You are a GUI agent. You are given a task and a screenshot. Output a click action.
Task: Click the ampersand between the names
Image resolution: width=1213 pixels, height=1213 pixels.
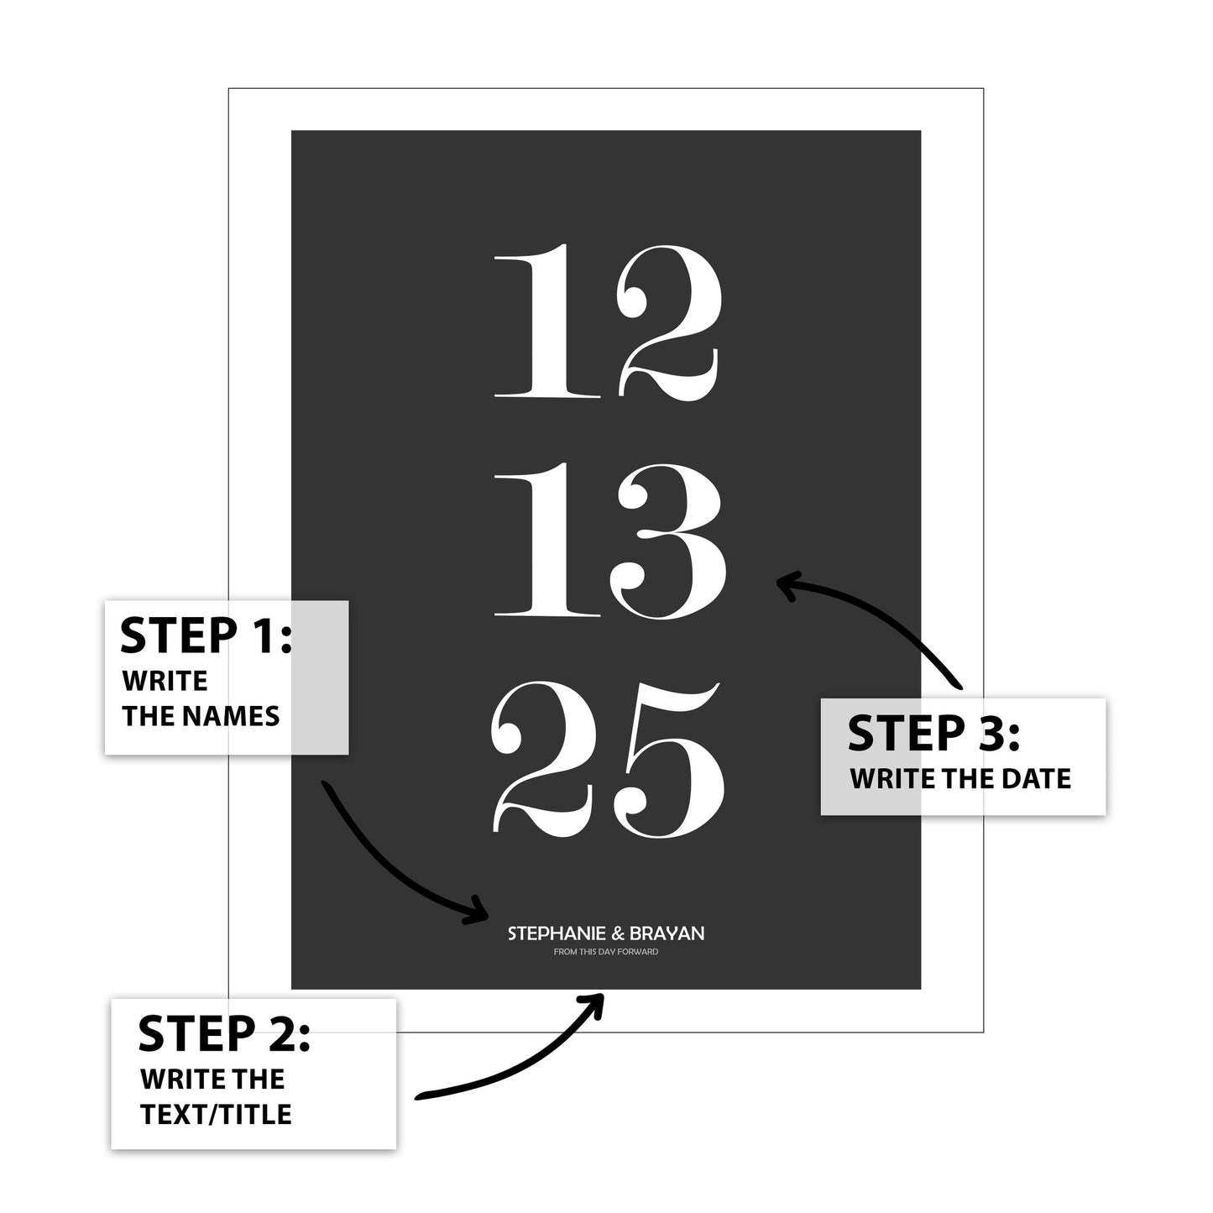tap(618, 933)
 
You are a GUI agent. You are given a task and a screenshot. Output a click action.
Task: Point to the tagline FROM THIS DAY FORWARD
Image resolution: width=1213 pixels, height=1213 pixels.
tap(605, 952)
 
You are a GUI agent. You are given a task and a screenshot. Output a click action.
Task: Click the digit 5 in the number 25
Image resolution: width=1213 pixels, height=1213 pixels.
tap(669, 761)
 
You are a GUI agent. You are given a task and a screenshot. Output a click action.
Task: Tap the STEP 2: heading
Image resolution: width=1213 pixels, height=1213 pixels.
tap(224, 1034)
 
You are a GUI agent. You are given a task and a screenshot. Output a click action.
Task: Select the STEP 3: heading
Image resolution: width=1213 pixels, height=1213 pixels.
tap(933, 734)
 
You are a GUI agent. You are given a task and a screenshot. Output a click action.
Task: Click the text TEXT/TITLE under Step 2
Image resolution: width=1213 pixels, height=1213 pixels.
tap(216, 1115)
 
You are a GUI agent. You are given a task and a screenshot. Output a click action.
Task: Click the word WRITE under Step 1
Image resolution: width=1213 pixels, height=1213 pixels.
tap(165, 681)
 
